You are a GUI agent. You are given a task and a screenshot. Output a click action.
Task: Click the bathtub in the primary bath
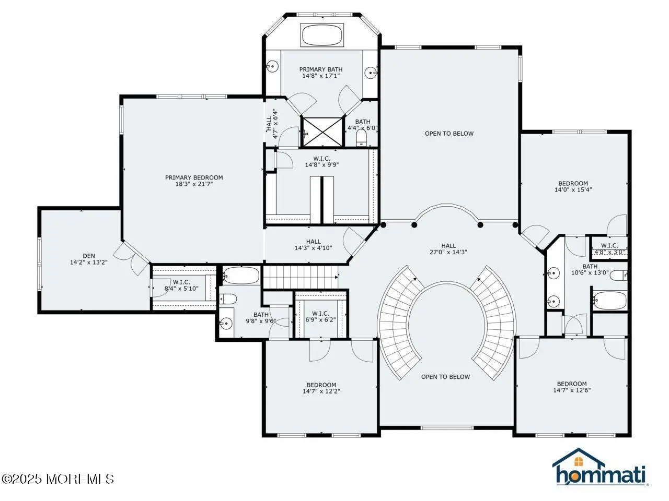[322, 34]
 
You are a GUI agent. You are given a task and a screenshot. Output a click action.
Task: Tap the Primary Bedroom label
[194, 177]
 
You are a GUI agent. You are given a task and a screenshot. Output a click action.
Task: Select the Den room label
[89, 256]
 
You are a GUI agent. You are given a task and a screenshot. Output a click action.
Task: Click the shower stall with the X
[322, 132]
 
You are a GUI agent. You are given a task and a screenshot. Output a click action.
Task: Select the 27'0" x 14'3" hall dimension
[448, 252]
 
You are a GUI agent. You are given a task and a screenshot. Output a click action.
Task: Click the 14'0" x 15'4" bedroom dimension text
[573, 190]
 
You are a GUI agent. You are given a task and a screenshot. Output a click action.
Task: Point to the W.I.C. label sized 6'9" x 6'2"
[320, 313]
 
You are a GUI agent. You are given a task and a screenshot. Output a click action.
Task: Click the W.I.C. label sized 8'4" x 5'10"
[181, 282]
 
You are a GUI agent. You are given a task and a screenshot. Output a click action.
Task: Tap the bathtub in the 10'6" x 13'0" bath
[609, 301]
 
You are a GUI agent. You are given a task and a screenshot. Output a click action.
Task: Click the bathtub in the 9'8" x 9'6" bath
[241, 276]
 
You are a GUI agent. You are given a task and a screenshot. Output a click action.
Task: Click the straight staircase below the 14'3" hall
[301, 277]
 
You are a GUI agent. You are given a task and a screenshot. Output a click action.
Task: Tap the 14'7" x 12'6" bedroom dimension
[572, 390]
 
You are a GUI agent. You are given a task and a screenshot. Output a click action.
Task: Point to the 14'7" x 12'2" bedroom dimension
[321, 391]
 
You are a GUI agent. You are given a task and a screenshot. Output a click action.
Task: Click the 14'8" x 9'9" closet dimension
[322, 165]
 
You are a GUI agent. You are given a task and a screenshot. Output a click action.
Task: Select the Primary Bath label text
[321, 69]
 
